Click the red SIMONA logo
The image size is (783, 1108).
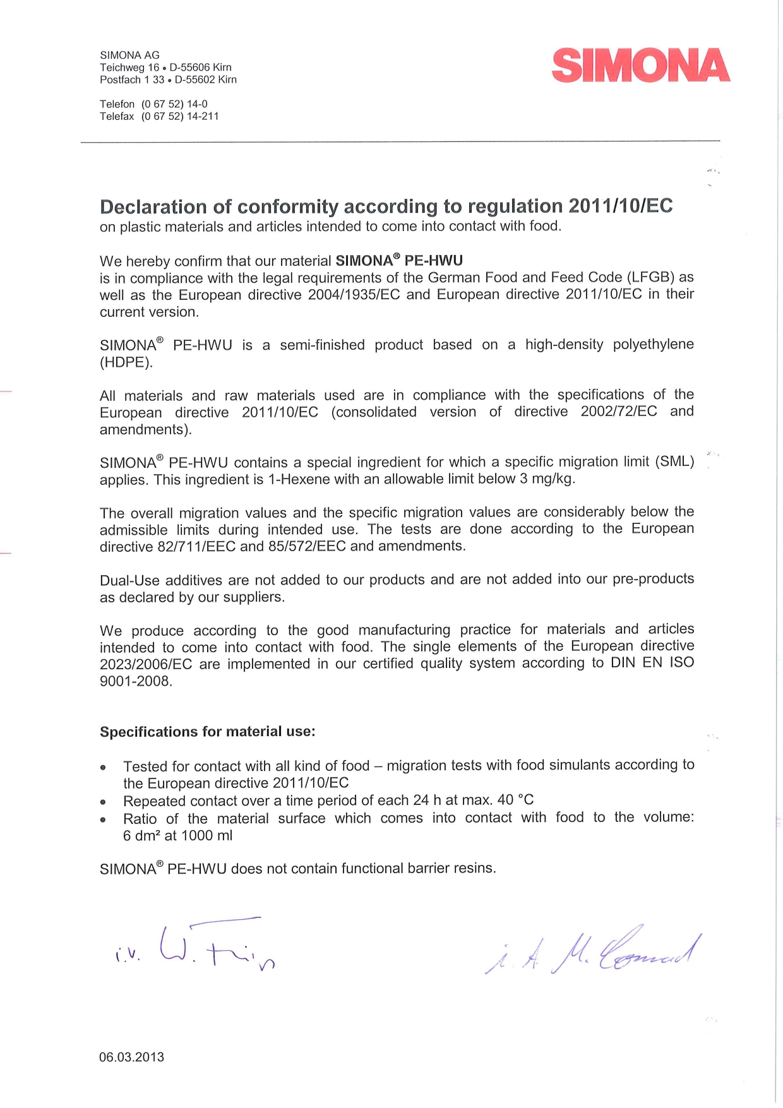pyautogui.click(x=640, y=66)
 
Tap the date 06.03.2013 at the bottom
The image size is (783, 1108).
pyautogui.click(x=131, y=1057)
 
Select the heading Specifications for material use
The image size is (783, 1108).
pyautogui.click(x=207, y=732)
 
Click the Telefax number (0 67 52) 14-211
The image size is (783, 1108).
pyautogui.click(x=180, y=116)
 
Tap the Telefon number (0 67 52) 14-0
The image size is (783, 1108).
pyautogui.click(x=174, y=104)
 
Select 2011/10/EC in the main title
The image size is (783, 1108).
pyautogui.click(x=620, y=206)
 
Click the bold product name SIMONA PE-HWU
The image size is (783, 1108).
pyautogui.click(x=399, y=261)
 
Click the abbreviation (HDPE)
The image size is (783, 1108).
pyautogui.click(x=126, y=362)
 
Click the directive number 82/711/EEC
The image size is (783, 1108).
pyautogui.click(x=196, y=546)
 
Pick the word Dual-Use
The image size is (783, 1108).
pyautogui.click(x=129, y=580)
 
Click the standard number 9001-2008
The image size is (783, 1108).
pyautogui.click(x=135, y=681)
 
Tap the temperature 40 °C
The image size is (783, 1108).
pyautogui.click(x=515, y=800)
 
